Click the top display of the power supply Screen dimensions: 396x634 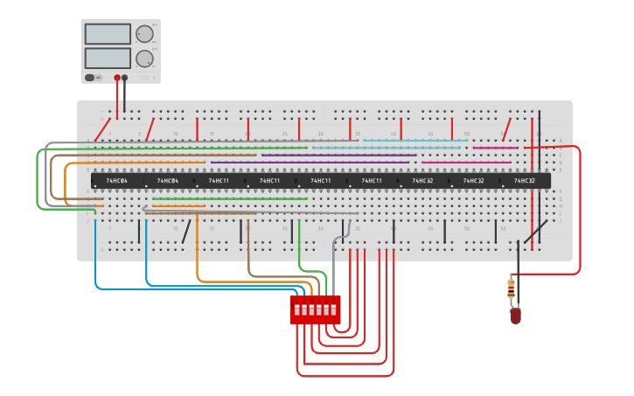click(x=108, y=34)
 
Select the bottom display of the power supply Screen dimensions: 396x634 click(x=108, y=59)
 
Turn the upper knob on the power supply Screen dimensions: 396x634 click(x=144, y=34)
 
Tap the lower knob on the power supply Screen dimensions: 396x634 click(x=144, y=59)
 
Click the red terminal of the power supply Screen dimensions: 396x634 click(x=117, y=78)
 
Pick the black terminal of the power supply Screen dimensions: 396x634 click(x=125, y=78)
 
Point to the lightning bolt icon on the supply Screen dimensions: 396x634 click(x=99, y=78)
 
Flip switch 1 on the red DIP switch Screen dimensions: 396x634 click(x=297, y=309)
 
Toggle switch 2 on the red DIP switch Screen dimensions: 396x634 click(x=304, y=309)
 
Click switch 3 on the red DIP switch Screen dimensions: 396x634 click(x=311, y=309)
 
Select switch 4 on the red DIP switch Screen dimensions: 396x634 click(x=318, y=309)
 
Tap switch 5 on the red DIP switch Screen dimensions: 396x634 click(x=325, y=309)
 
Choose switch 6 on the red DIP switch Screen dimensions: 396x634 click(x=332, y=309)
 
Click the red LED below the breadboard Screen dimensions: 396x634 click(x=515, y=316)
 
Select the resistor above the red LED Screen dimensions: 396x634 click(x=512, y=288)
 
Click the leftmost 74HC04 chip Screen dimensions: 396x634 click(x=116, y=181)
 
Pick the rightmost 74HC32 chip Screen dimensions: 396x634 click(x=525, y=181)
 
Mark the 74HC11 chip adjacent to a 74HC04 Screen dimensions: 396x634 click(x=219, y=181)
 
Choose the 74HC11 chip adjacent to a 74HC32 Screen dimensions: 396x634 click(x=372, y=181)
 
